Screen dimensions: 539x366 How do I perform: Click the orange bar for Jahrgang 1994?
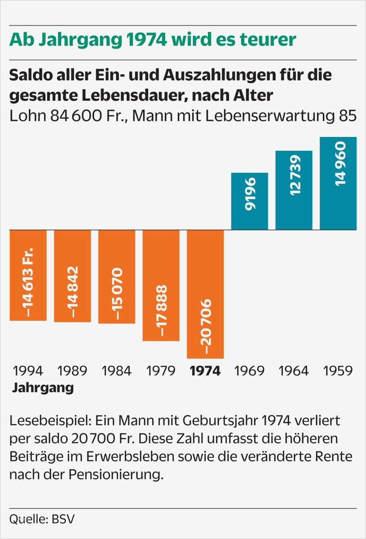pyautogui.click(x=28, y=275)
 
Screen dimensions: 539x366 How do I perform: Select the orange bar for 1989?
pyautogui.click(x=72, y=276)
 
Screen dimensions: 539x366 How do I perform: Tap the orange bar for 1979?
pyautogui.click(x=161, y=285)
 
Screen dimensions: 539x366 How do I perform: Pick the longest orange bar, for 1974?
pyautogui.click(x=205, y=294)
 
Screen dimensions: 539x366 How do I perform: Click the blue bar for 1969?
pyautogui.click(x=249, y=201)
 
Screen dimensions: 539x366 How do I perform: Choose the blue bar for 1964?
pyautogui.click(x=294, y=190)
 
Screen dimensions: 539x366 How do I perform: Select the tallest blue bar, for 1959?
pyautogui.click(x=338, y=183)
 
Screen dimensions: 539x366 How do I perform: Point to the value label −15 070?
pyautogui.click(x=117, y=294)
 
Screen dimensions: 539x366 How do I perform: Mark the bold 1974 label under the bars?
pyautogui.click(x=205, y=371)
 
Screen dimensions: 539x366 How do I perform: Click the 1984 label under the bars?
pyautogui.click(x=117, y=371)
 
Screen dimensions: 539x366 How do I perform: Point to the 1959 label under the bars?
pyautogui.click(x=338, y=371)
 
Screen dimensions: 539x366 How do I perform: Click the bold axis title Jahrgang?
pyautogui.click(x=43, y=387)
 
